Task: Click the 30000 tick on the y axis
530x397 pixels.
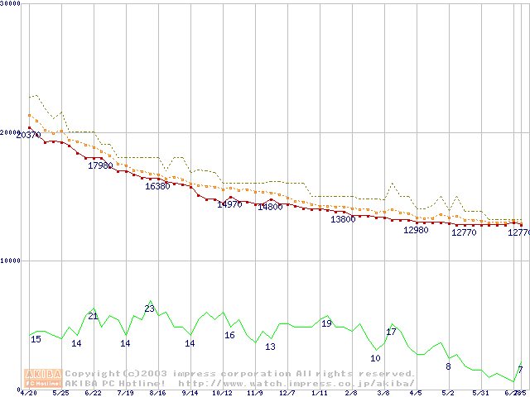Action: point(10,3)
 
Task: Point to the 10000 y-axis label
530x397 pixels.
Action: point(10,260)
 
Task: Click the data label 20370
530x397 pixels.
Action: point(27,135)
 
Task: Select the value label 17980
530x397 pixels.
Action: point(100,165)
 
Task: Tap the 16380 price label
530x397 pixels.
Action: point(157,186)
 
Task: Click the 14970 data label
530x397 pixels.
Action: point(229,204)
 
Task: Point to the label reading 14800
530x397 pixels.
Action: point(270,207)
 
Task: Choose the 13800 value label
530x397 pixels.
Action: point(343,219)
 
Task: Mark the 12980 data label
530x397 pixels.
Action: point(416,230)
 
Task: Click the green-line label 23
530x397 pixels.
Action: point(149,309)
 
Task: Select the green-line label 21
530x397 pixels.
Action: point(93,316)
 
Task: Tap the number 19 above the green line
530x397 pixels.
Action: point(326,323)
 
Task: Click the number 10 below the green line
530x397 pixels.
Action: point(375,358)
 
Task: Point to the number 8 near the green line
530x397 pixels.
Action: point(448,366)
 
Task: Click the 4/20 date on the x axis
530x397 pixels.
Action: point(28,393)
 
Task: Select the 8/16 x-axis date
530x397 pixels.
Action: point(157,393)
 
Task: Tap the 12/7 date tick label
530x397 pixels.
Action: point(287,393)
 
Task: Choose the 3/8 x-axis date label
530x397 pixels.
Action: point(383,393)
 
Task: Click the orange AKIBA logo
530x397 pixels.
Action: point(43,377)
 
